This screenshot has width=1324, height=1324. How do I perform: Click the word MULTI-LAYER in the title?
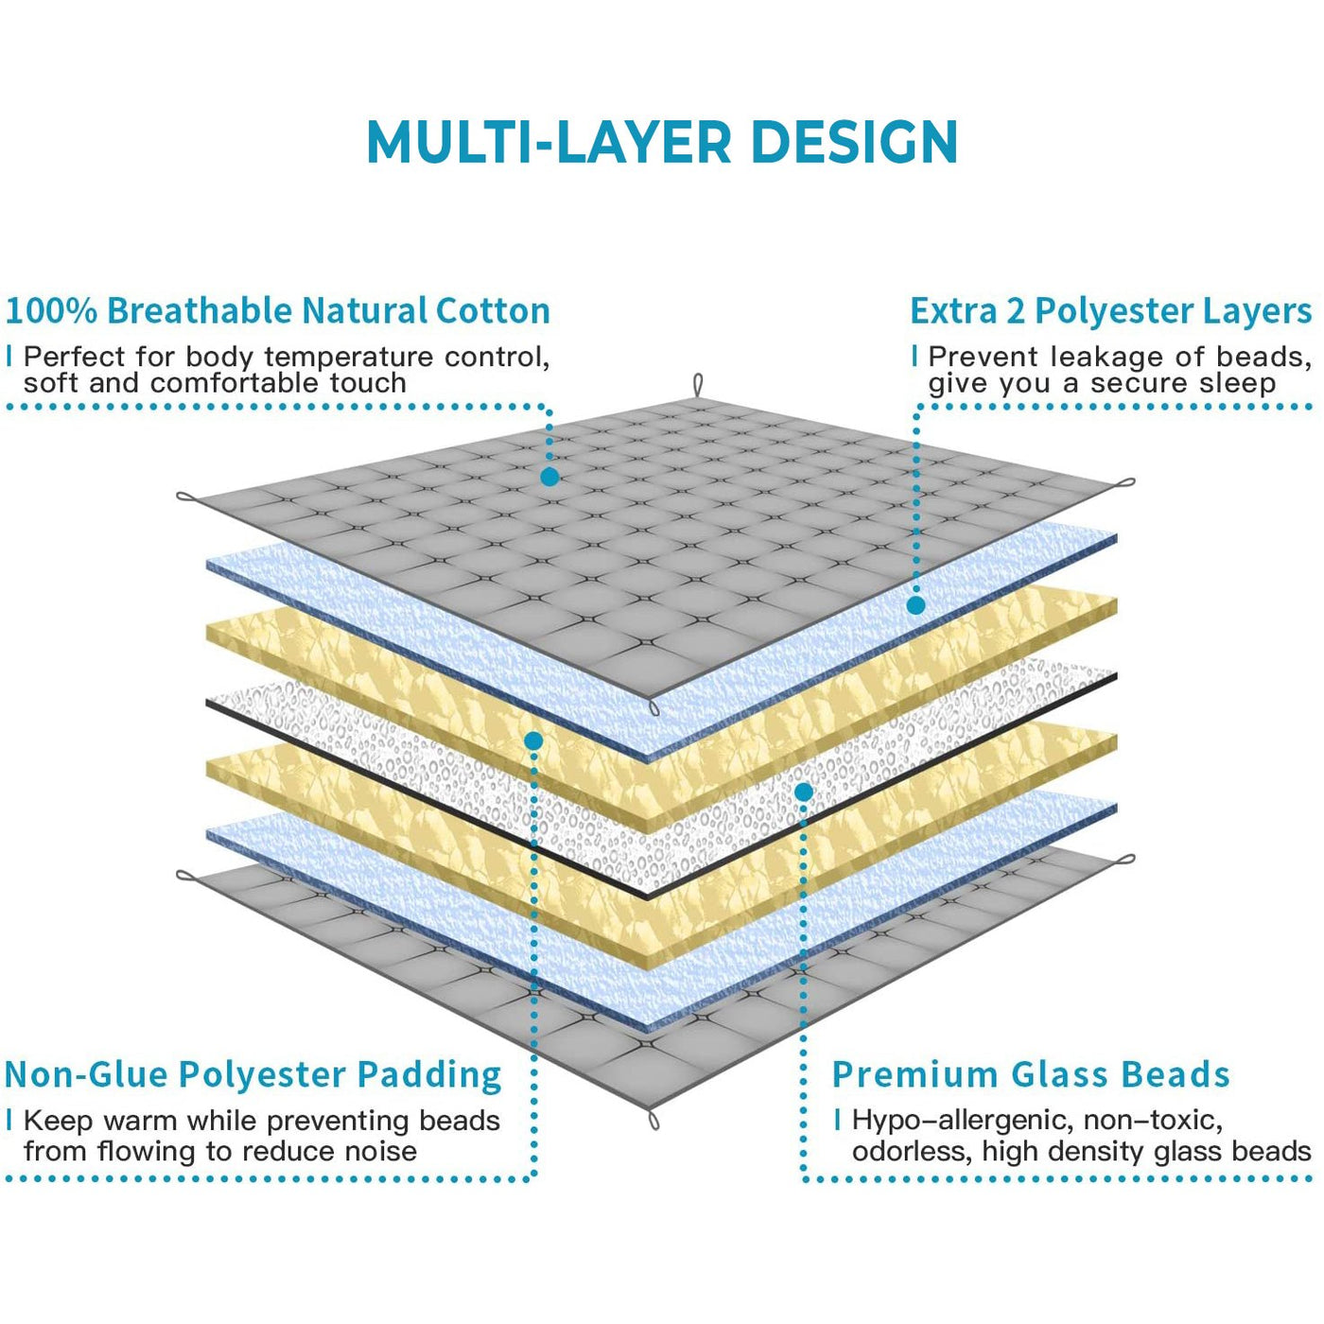549,142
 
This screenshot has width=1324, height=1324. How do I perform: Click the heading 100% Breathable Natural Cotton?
278,310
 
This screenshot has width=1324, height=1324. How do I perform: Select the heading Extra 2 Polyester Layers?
1111,311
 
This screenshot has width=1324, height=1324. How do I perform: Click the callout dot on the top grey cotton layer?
549,477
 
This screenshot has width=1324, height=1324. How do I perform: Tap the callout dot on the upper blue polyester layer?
915,605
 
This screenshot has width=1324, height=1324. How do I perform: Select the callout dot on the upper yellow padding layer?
533,740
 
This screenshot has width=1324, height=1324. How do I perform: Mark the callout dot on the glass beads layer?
803,793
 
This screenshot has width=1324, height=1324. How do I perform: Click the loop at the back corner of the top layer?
698,386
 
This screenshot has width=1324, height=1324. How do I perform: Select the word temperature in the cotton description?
350,358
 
